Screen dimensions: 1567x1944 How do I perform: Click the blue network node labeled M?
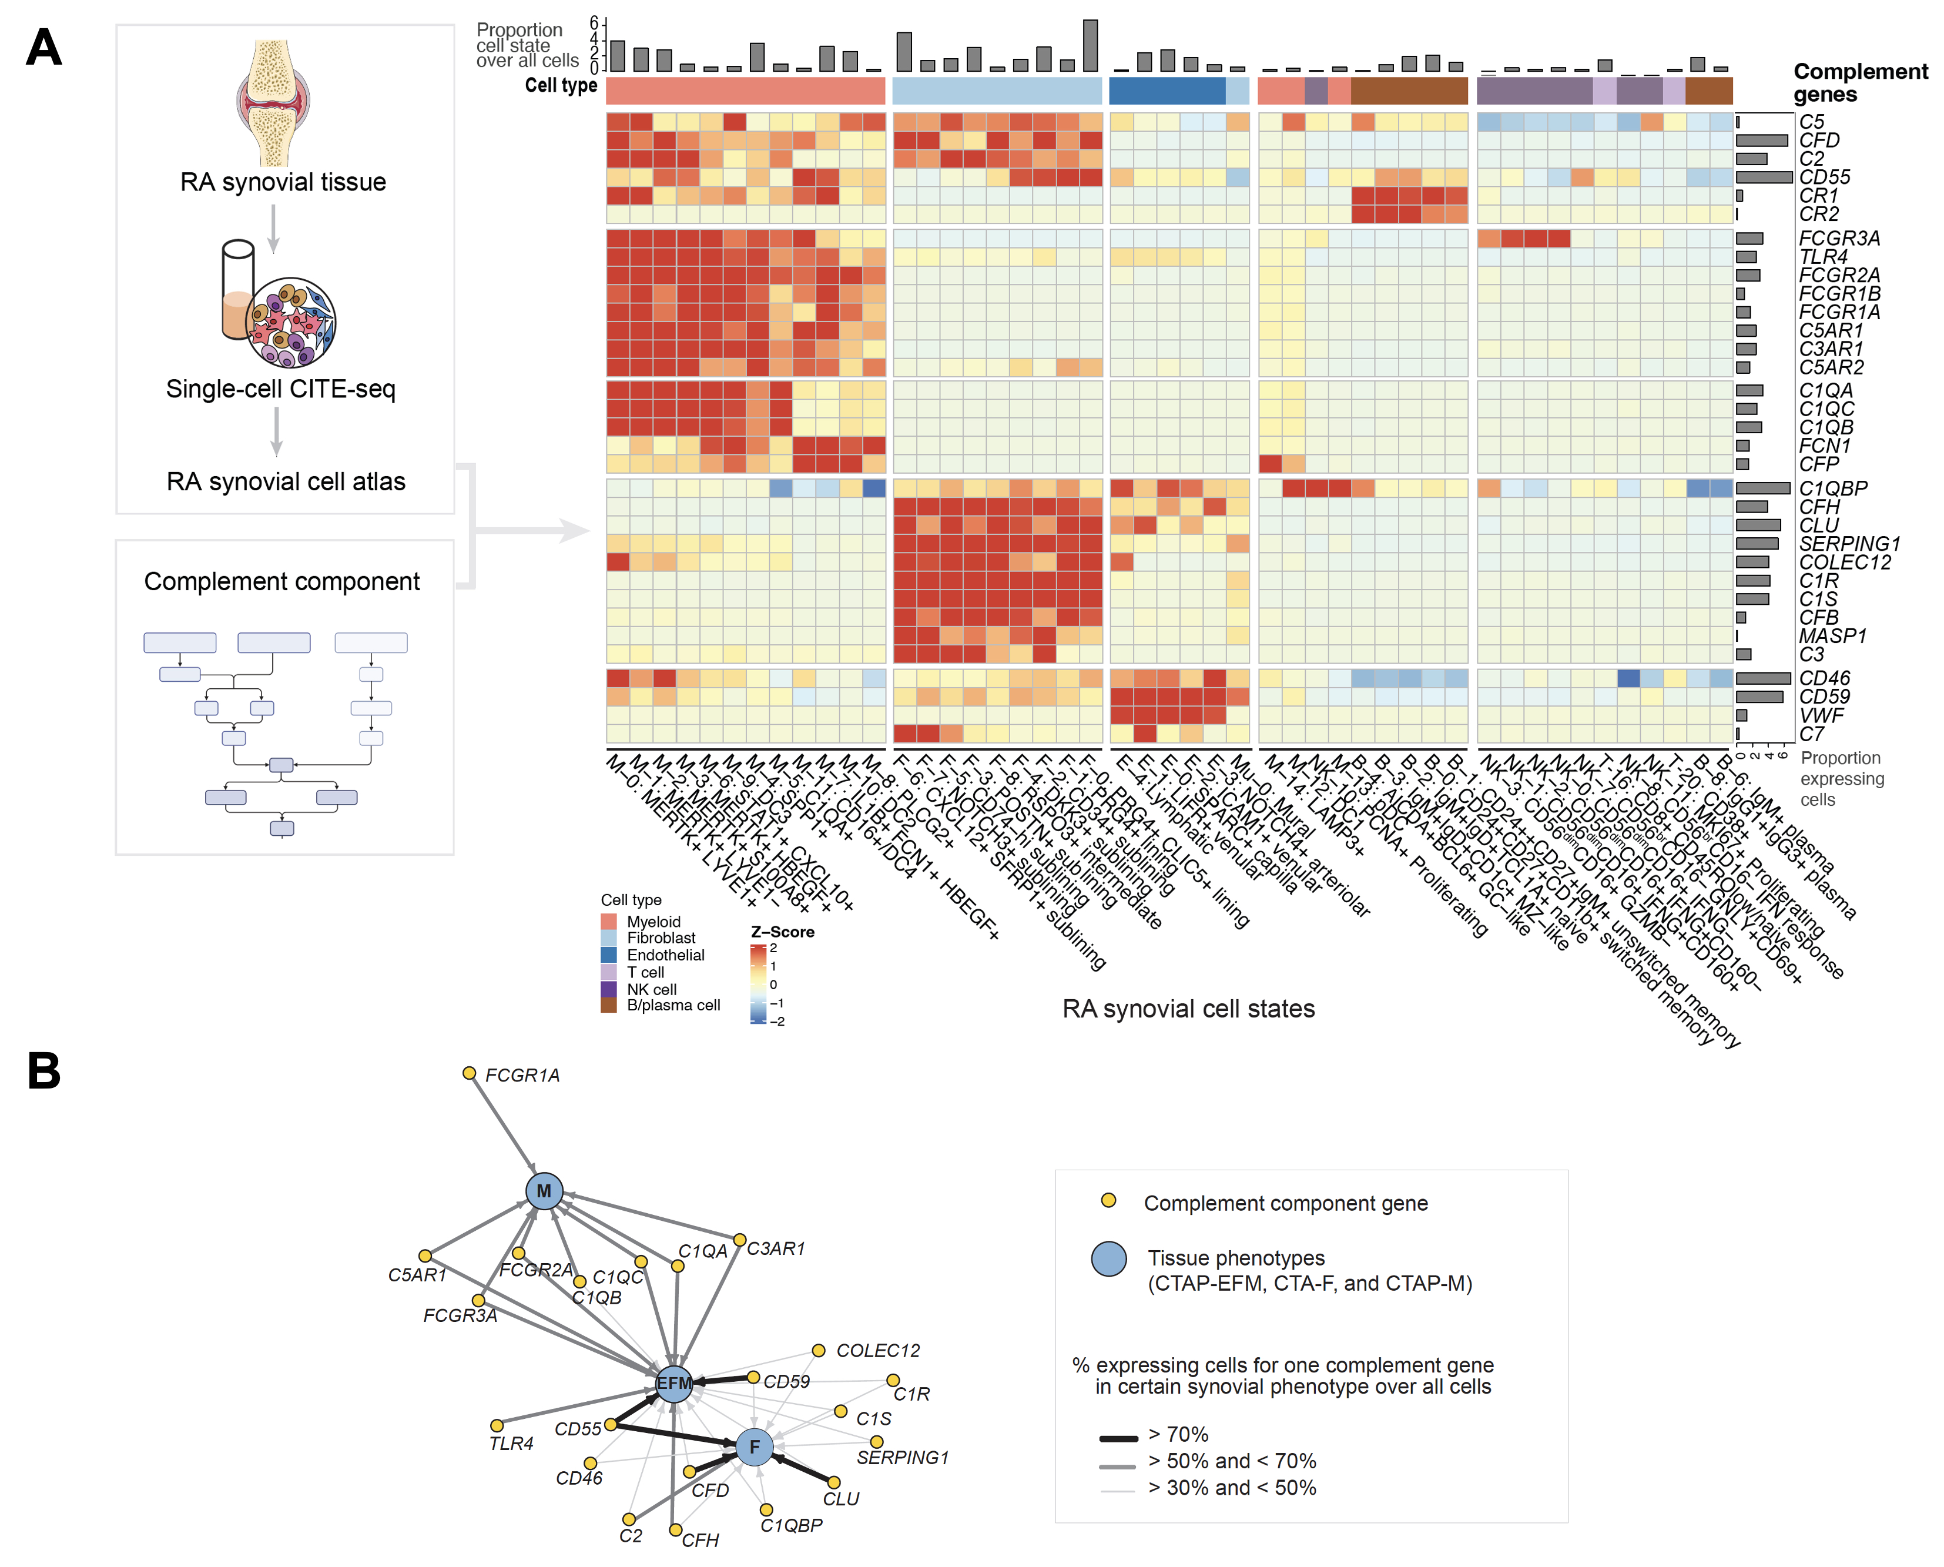click(x=544, y=1191)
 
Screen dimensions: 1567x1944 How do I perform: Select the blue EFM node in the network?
click(x=673, y=1383)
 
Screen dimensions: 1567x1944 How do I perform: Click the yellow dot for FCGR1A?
click(x=470, y=1073)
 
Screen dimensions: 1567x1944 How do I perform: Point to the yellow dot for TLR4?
click(x=497, y=1425)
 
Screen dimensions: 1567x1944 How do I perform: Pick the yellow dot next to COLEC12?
click(x=819, y=1350)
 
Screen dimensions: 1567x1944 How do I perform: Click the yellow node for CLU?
click(x=834, y=1482)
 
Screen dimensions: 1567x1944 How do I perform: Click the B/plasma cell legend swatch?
click(x=609, y=1005)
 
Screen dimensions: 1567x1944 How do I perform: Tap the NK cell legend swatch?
click(x=609, y=989)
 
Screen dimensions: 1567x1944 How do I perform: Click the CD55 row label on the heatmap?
click(x=1824, y=177)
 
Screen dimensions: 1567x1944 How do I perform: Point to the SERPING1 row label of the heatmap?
click(x=1848, y=543)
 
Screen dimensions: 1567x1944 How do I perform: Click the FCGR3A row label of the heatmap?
click(x=1838, y=238)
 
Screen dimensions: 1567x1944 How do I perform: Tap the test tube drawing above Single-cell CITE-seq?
click(x=238, y=289)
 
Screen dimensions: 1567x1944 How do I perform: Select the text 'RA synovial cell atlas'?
click(x=286, y=481)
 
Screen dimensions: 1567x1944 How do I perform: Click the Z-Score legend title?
click(x=782, y=932)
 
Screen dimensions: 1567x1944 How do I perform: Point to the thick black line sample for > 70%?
click(x=1118, y=1437)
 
